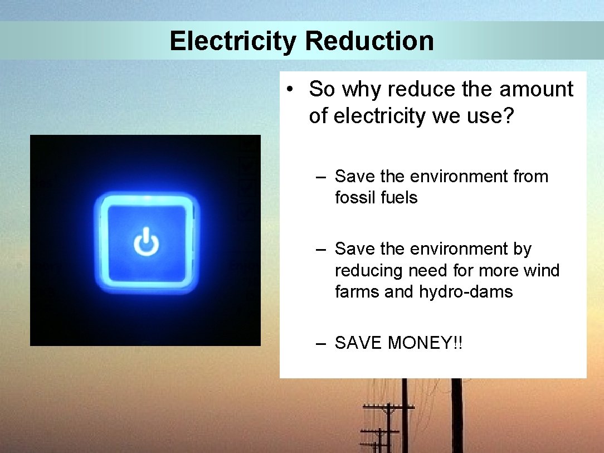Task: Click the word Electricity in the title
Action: pyautogui.click(x=233, y=41)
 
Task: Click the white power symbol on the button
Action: pyautogui.click(x=146, y=242)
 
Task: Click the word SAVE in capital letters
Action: pyautogui.click(x=359, y=343)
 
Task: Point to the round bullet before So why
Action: pyautogui.click(x=291, y=90)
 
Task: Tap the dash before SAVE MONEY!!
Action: pyautogui.click(x=320, y=344)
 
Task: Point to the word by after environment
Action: pyautogui.click(x=522, y=249)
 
